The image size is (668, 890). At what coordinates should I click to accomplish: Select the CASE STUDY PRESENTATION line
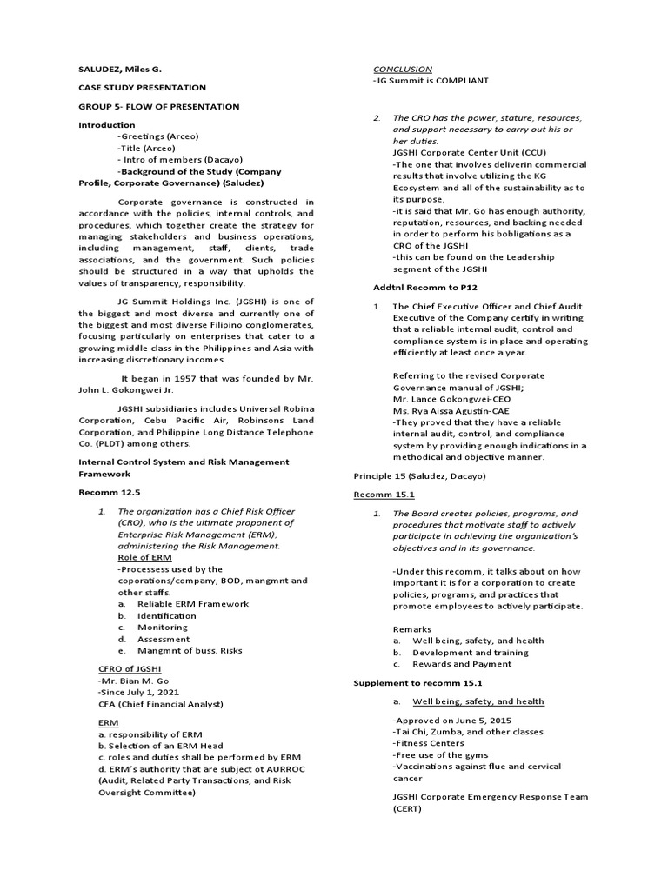(142, 88)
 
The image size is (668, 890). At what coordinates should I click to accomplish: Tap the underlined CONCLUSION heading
(402, 69)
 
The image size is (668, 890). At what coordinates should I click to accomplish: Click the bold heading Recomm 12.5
(107, 491)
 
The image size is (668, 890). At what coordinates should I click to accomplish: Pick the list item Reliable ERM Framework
(193, 603)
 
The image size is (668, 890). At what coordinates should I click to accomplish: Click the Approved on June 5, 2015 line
(452, 721)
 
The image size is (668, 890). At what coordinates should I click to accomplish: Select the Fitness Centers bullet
(431, 743)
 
